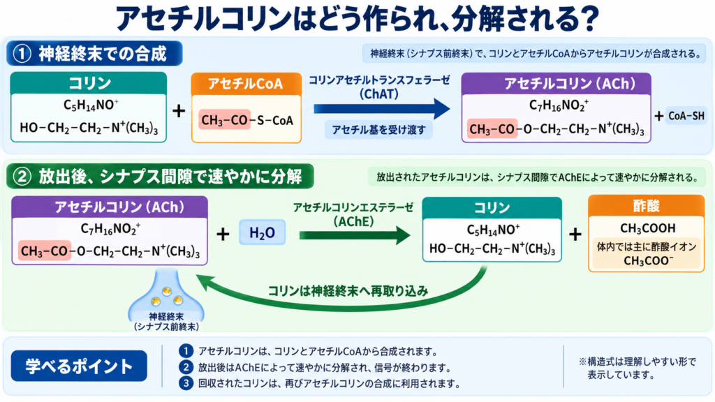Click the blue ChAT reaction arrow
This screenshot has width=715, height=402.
[382, 109]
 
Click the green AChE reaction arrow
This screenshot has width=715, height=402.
[355, 235]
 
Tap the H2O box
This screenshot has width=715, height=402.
[263, 232]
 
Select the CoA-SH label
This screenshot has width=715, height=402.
[686, 117]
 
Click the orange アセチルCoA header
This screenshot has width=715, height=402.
[246, 84]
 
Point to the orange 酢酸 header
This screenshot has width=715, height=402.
[646, 206]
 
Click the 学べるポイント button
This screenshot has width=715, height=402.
[79, 366]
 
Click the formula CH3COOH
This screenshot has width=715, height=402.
[647, 228]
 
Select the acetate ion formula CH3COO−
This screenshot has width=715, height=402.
[648, 261]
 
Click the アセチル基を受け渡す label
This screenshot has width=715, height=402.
[378, 130]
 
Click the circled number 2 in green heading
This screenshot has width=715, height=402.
[22, 177]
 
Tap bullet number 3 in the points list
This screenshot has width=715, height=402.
[186, 383]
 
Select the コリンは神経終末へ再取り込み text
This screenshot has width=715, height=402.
[348, 291]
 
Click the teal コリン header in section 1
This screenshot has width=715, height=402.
[89, 83]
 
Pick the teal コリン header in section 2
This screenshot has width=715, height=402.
[492, 208]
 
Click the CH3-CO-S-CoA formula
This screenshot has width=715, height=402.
[247, 120]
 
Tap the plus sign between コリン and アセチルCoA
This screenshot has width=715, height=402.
[179, 111]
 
